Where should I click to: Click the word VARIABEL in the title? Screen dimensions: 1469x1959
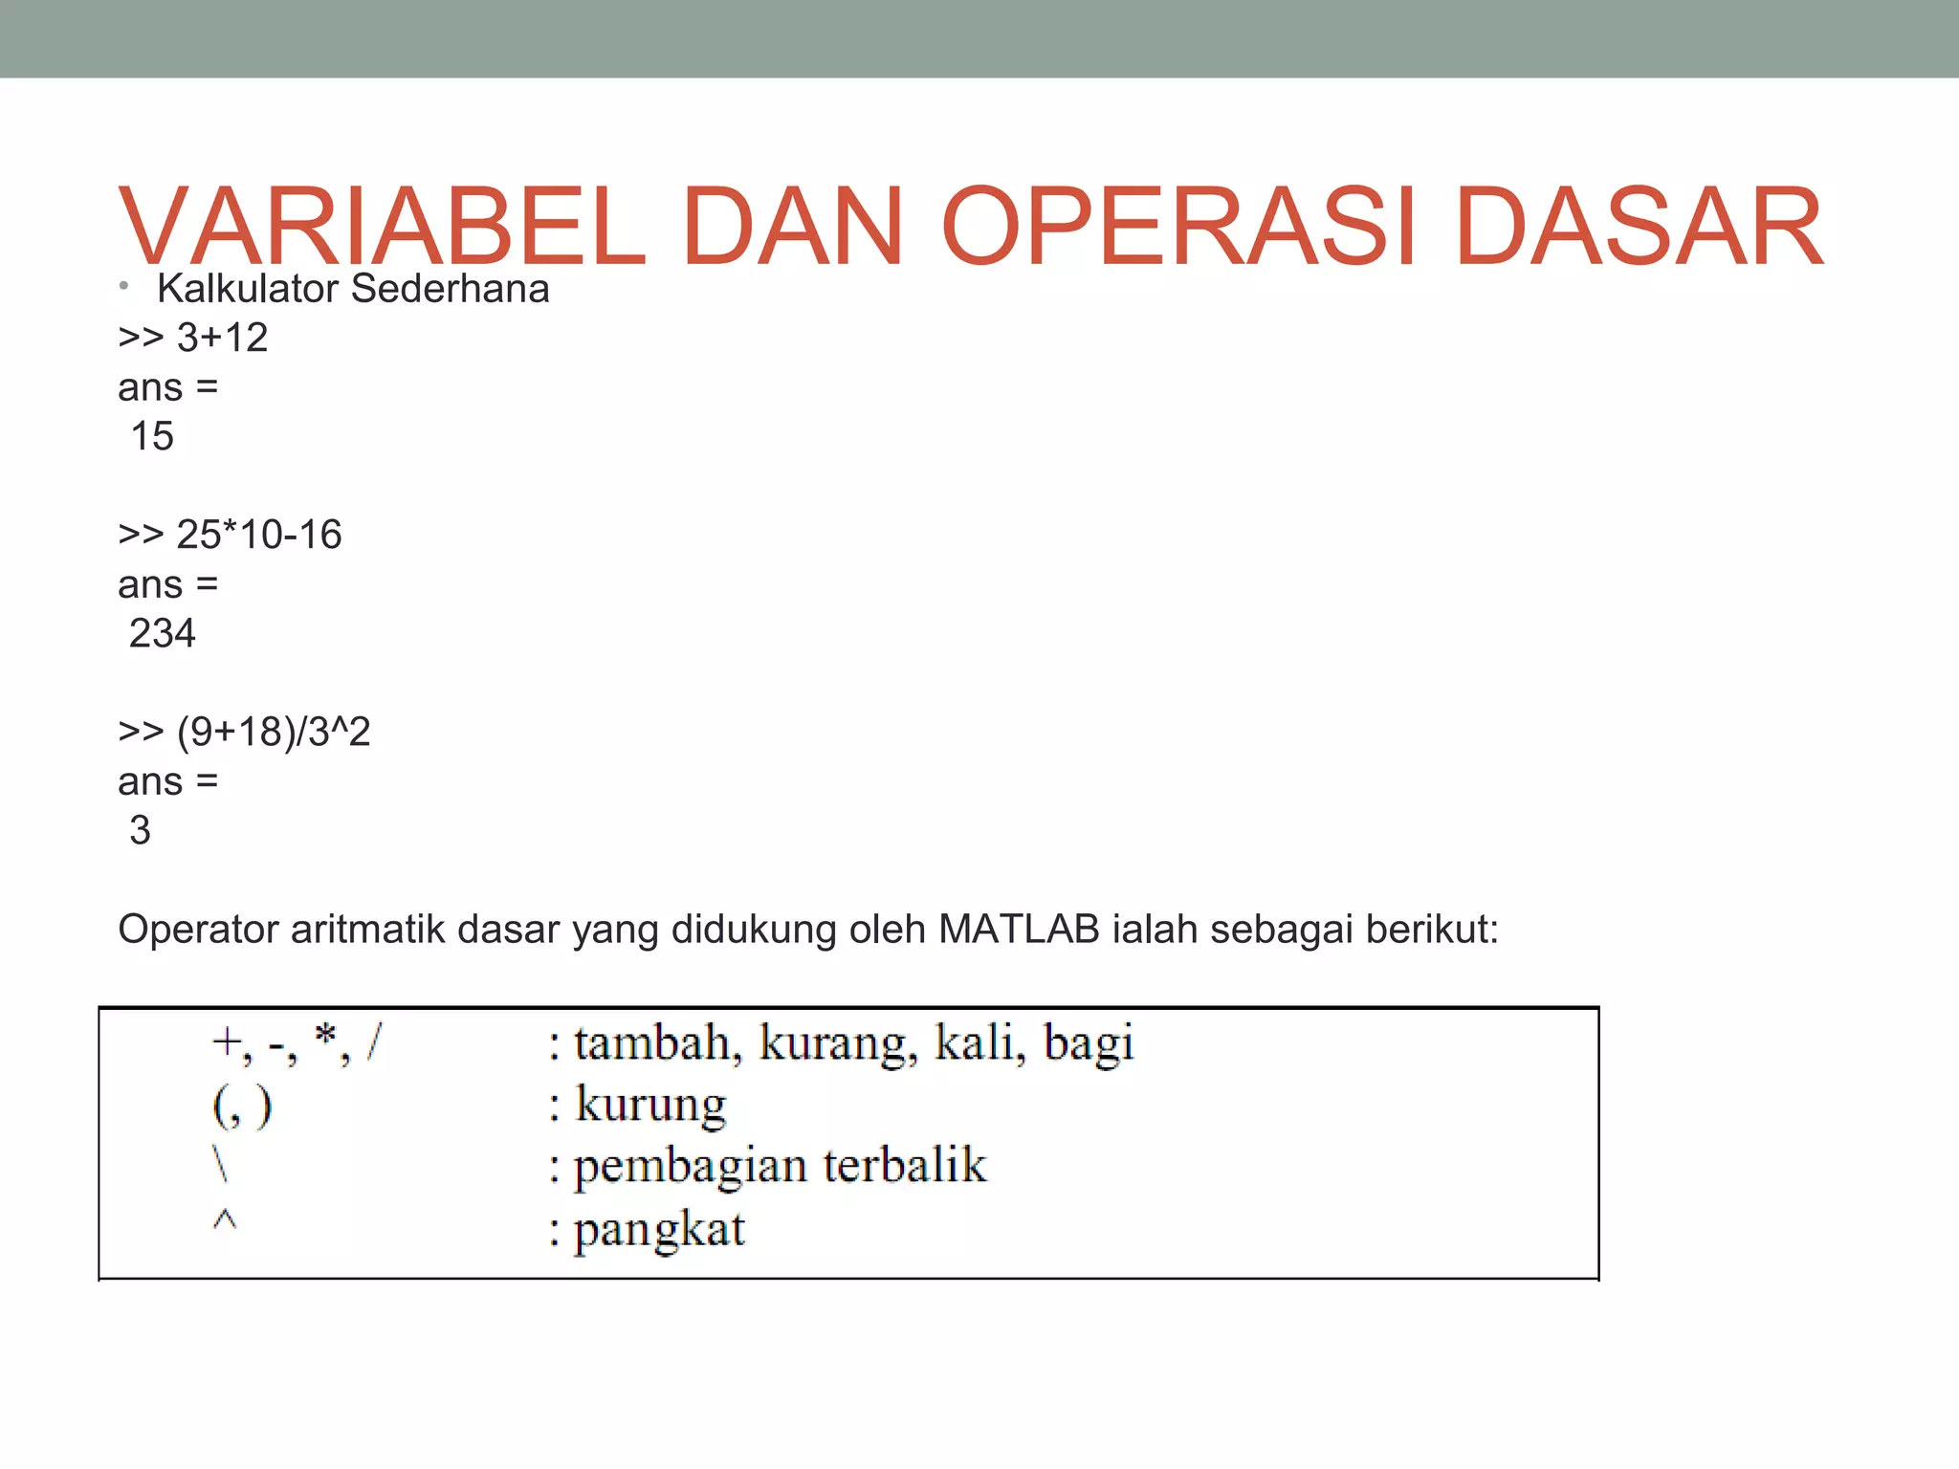383,227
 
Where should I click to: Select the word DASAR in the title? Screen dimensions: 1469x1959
1639,227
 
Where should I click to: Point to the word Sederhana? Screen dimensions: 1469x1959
451,289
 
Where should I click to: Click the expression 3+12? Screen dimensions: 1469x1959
222,338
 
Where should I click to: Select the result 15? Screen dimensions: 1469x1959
152,437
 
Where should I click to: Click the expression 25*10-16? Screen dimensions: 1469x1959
258,535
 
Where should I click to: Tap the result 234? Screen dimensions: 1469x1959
162,634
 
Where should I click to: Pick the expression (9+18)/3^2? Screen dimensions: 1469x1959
274,733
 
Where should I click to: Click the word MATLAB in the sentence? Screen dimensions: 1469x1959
1019,930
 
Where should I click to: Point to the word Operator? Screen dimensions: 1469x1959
198,930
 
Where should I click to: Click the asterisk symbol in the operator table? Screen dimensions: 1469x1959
325,1035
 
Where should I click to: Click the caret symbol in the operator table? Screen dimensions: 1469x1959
224,1219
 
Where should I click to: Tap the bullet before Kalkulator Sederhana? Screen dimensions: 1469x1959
124,286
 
